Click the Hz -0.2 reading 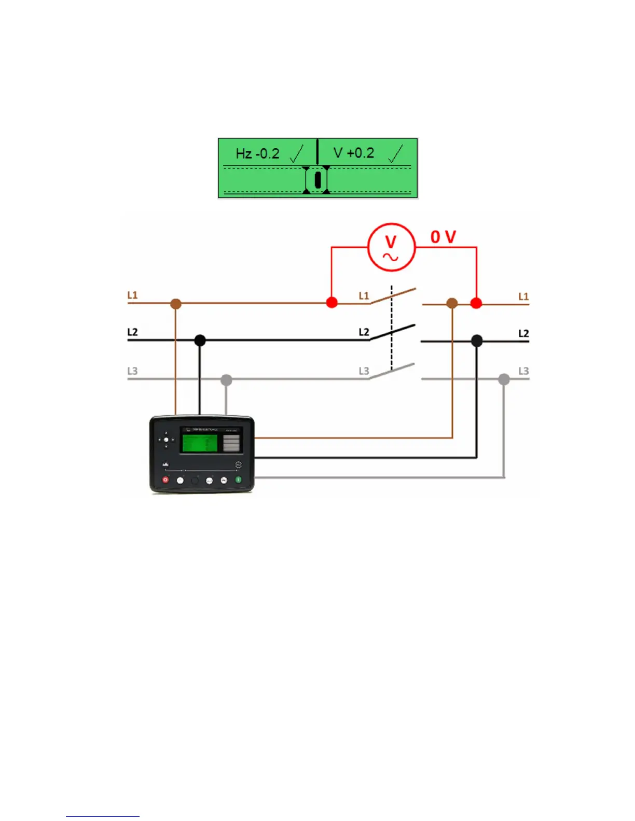click(x=257, y=153)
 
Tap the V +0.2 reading click(x=354, y=153)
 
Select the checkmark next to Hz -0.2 click(x=297, y=154)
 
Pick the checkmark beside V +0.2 click(x=395, y=153)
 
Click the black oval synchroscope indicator click(x=317, y=179)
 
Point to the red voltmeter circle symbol click(x=391, y=248)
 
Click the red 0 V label click(x=443, y=237)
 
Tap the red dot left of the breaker click(x=332, y=302)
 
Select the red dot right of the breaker click(x=476, y=303)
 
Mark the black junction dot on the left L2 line click(x=200, y=341)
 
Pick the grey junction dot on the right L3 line click(x=504, y=379)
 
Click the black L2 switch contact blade click(x=393, y=332)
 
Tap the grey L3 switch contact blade click(x=393, y=371)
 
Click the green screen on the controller click(x=199, y=443)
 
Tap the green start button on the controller click(x=239, y=480)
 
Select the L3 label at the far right click(x=523, y=371)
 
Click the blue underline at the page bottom click(x=103, y=816)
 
